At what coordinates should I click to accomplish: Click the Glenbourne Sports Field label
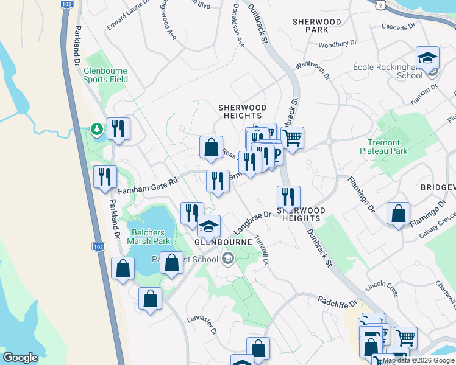coord(105,74)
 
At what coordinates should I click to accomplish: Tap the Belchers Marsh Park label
coord(150,237)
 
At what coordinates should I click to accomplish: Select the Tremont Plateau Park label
coord(383,146)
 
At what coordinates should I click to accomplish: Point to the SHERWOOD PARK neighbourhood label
coord(316,26)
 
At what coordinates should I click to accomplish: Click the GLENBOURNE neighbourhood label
coord(223,242)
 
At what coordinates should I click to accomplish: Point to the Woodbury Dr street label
coord(337,44)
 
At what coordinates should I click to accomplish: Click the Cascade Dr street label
coord(398,27)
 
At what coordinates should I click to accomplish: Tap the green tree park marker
coord(96,129)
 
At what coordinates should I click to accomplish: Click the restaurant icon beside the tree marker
coord(118,128)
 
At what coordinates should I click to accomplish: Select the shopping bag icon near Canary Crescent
coord(398,214)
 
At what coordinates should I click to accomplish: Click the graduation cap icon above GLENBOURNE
coord(208,227)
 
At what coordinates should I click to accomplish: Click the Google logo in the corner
coord(20,358)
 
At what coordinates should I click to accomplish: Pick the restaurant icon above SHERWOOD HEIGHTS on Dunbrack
coord(288,196)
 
